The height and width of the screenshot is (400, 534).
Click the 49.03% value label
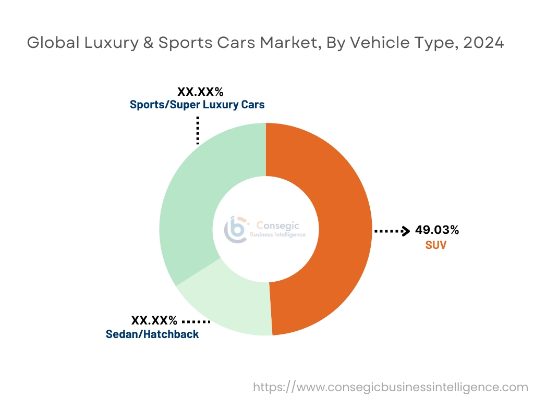click(x=437, y=230)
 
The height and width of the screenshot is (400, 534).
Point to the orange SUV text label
click(x=435, y=244)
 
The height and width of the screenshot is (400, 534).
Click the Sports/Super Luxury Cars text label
click(x=197, y=105)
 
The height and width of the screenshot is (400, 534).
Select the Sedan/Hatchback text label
click(x=152, y=334)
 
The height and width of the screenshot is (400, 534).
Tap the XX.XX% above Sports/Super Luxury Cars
click(x=200, y=92)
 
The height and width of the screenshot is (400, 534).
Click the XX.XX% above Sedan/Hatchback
click(x=154, y=320)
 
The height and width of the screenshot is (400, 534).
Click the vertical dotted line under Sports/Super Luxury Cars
click(x=198, y=130)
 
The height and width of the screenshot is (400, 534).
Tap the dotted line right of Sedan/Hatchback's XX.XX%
click(x=197, y=321)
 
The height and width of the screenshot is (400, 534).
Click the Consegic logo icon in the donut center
click(x=236, y=229)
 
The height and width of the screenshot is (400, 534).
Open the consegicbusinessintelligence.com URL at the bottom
click(x=391, y=387)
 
